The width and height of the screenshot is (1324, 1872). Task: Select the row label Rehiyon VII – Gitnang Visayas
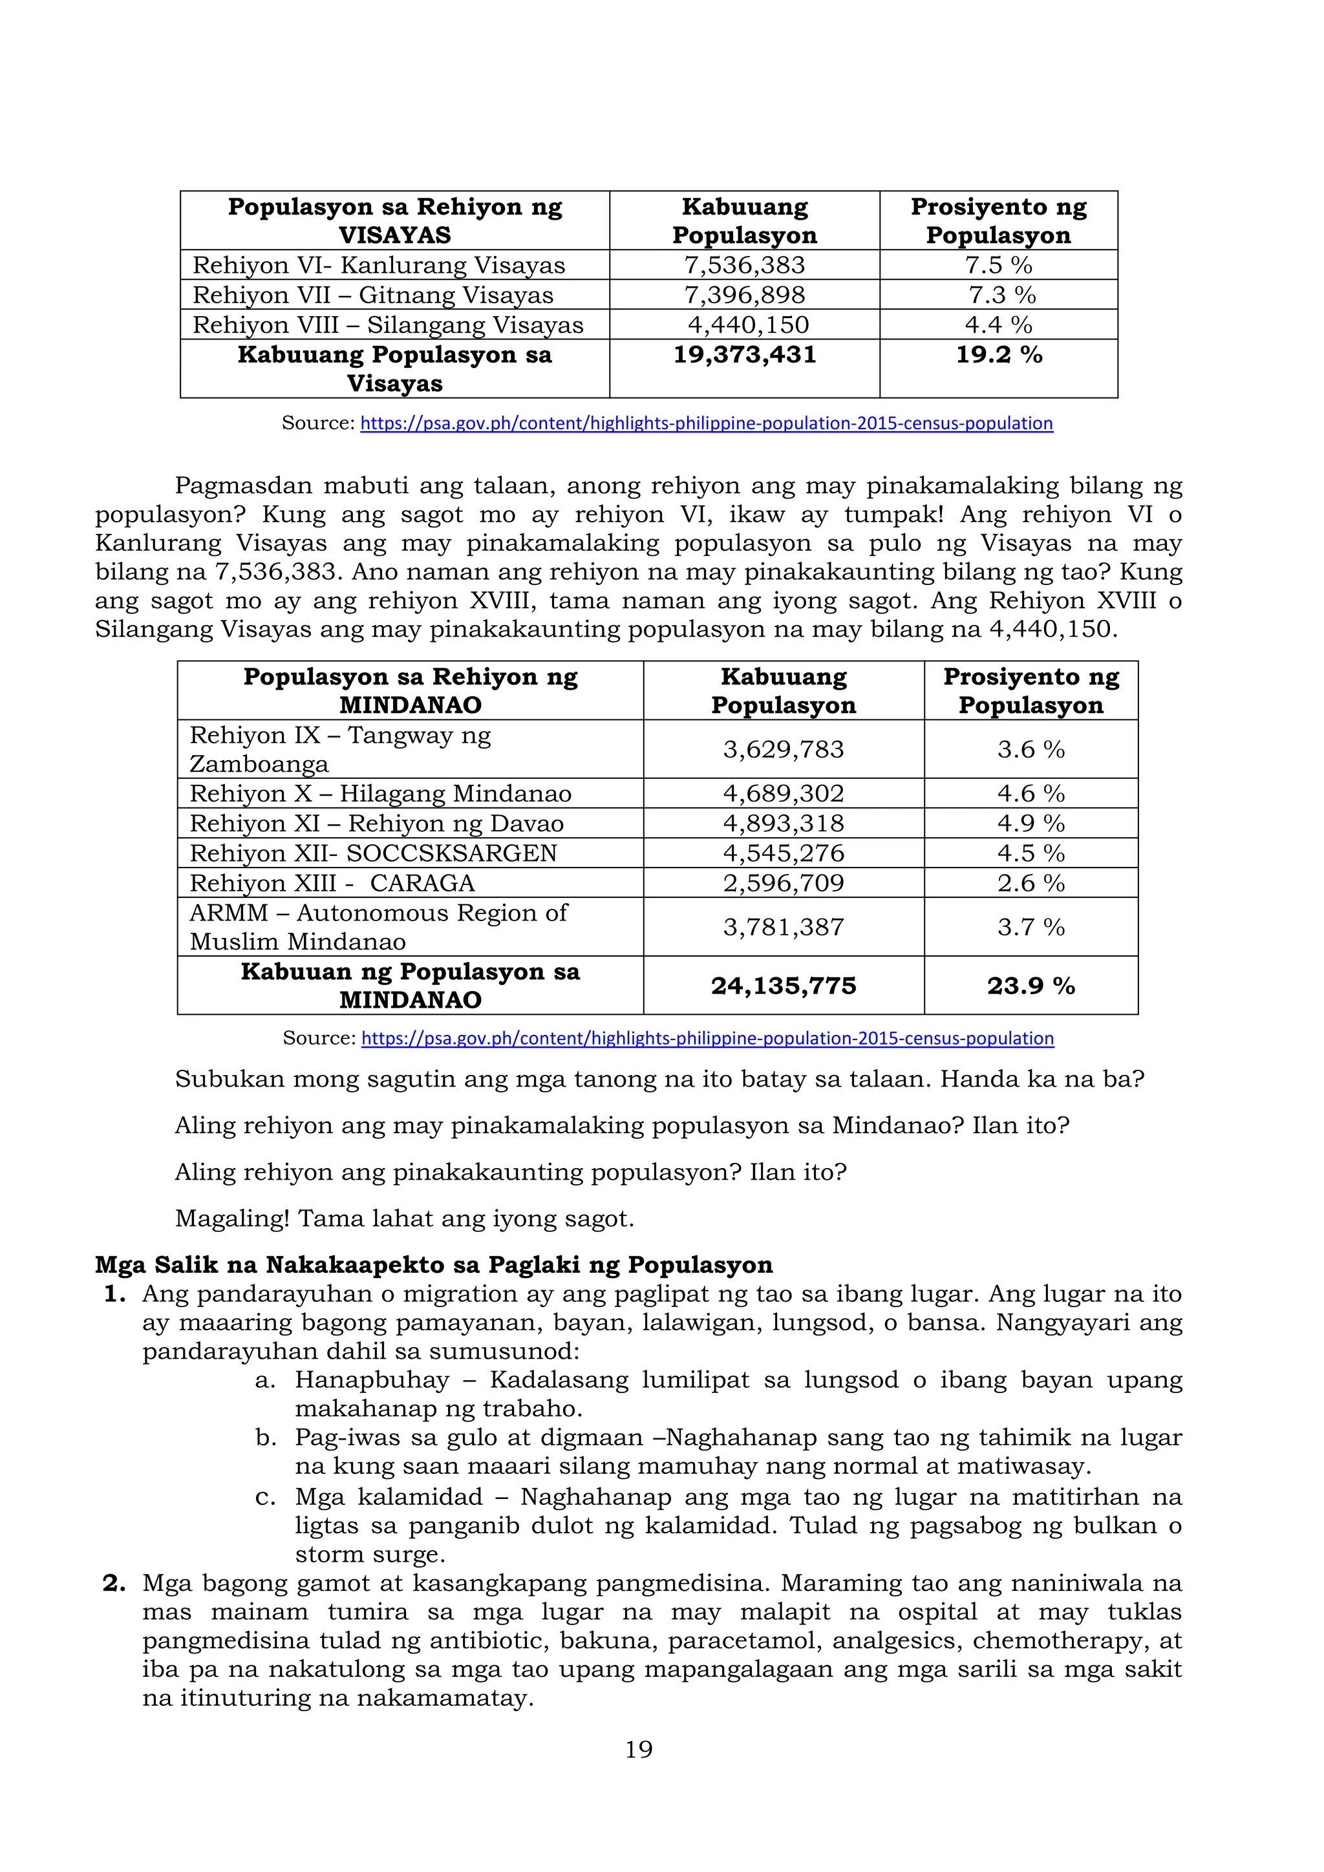click(372, 295)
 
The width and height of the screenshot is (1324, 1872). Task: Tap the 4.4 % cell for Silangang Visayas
click(998, 324)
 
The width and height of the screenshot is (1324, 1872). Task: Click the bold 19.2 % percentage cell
click(998, 355)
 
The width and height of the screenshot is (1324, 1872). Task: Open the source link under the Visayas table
click(706, 423)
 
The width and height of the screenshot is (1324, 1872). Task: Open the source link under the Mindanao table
click(707, 1038)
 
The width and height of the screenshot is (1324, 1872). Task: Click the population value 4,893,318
click(783, 824)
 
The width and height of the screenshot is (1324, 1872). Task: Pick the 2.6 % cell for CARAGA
click(1030, 883)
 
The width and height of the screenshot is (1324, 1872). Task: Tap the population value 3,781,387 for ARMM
click(783, 927)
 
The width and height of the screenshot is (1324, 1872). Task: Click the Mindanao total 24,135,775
click(783, 986)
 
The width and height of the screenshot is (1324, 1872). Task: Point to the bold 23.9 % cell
click(1030, 986)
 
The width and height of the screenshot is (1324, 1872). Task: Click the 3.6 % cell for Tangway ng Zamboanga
click(1030, 749)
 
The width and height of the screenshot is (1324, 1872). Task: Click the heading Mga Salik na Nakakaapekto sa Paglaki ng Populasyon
click(433, 1264)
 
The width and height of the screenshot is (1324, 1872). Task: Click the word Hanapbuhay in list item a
click(372, 1379)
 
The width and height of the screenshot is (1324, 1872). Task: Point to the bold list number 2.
click(114, 1582)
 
